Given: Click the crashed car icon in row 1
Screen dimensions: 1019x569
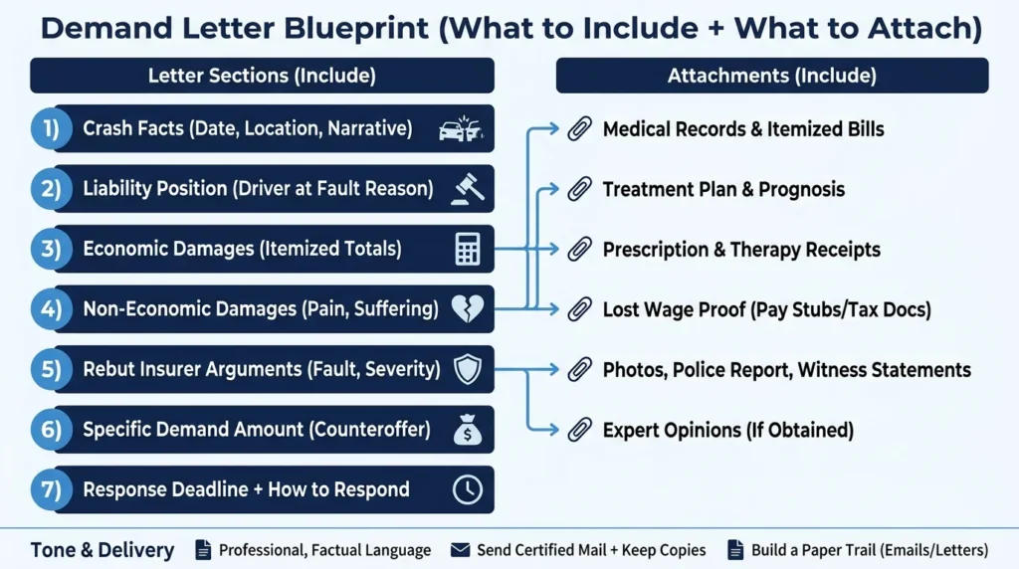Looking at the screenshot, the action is coord(461,128).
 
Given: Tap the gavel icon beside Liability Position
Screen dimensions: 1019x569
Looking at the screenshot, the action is coord(468,189).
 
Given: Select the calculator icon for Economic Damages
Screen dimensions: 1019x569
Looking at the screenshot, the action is coord(468,249).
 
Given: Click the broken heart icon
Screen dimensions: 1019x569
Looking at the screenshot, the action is coord(468,308).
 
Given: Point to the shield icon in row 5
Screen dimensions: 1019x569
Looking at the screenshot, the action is coord(468,369).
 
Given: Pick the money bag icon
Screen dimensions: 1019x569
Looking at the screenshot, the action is coord(468,430).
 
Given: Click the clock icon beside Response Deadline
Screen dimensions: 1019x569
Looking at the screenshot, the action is coord(468,489).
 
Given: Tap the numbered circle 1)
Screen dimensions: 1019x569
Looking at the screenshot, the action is coord(52,128).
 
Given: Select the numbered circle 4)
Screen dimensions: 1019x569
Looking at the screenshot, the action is coord(52,309).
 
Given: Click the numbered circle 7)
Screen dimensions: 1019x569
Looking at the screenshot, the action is coord(52,489).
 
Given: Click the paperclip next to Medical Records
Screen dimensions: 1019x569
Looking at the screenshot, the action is coord(579,128).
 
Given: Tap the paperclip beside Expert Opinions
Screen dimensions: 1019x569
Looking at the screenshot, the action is coord(579,430).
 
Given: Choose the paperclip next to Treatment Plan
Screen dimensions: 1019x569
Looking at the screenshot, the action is coord(579,189).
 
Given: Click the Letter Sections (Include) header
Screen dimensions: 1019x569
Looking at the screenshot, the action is coord(262,76).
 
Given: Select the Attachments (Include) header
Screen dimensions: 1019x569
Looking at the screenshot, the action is coord(772,76).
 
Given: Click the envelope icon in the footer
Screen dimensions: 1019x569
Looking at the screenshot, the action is coord(460,550).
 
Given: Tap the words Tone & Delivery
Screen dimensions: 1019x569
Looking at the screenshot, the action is coord(102,550).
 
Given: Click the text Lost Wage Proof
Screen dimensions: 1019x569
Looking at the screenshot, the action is coord(674,309).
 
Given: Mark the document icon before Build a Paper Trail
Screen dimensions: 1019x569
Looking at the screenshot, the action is coord(735,549).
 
